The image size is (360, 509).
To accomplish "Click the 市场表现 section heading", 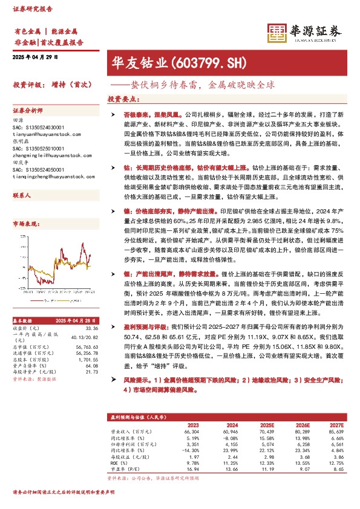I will pyautogui.click(x=25, y=224).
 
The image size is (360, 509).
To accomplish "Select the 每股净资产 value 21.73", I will pyautogui.click(x=92, y=372).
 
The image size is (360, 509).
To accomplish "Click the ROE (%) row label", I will pyautogui.click(x=119, y=462).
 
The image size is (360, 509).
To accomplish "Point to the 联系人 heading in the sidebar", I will pyautogui.click(x=22, y=196).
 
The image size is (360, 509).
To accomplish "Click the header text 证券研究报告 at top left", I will pyautogui.click(x=29, y=9).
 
